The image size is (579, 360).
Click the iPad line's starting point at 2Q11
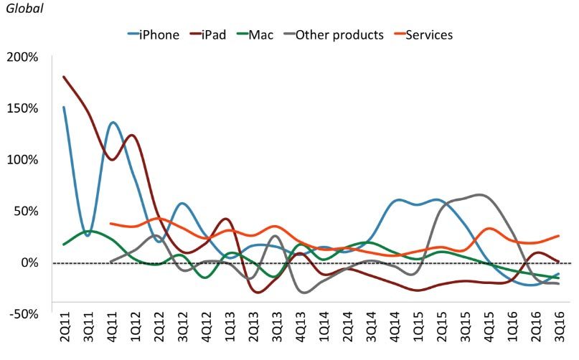click(x=64, y=77)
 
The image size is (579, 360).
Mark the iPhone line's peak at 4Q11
click(x=113, y=123)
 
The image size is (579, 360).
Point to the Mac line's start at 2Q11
click(x=64, y=245)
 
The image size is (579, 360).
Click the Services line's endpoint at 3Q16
click(x=558, y=236)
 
